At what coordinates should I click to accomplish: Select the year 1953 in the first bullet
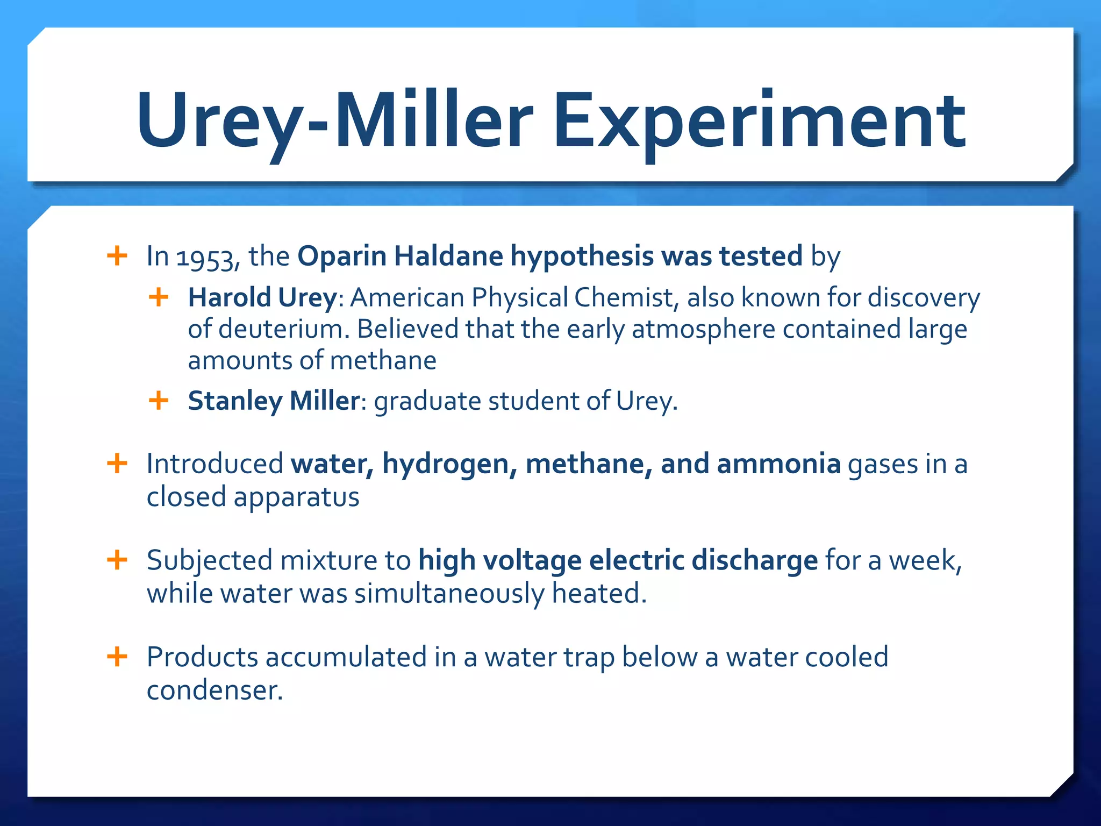point(207,257)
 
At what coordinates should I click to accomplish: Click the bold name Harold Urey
point(262,297)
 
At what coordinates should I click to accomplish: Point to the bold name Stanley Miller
point(274,401)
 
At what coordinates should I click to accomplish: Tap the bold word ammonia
point(778,464)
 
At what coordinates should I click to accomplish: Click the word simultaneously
point(449,594)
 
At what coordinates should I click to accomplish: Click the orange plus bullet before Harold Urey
point(159,297)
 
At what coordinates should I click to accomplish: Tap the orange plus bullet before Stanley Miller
point(159,400)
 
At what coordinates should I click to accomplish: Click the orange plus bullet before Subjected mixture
point(117,560)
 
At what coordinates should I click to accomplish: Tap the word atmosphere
point(703,329)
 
